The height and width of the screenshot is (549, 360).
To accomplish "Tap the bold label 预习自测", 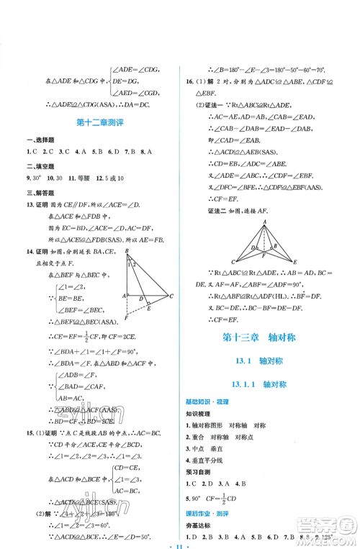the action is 199,471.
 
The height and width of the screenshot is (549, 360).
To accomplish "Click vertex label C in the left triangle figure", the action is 171,296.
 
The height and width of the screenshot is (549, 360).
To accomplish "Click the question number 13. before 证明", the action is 30,203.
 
